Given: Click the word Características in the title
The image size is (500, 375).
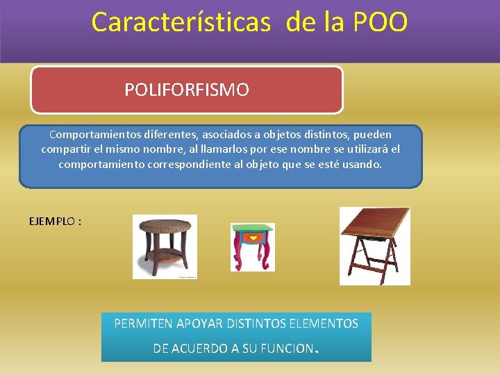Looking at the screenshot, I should [181, 22].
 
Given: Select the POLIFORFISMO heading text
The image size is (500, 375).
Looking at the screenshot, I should [187, 90].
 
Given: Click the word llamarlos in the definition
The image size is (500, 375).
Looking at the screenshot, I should [222, 149].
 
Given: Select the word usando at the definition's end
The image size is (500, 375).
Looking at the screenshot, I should [362, 165].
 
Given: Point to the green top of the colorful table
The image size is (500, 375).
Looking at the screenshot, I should [253, 227].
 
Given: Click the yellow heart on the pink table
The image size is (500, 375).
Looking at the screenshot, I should [253, 238].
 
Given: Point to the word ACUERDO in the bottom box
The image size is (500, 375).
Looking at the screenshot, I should [203, 349].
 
